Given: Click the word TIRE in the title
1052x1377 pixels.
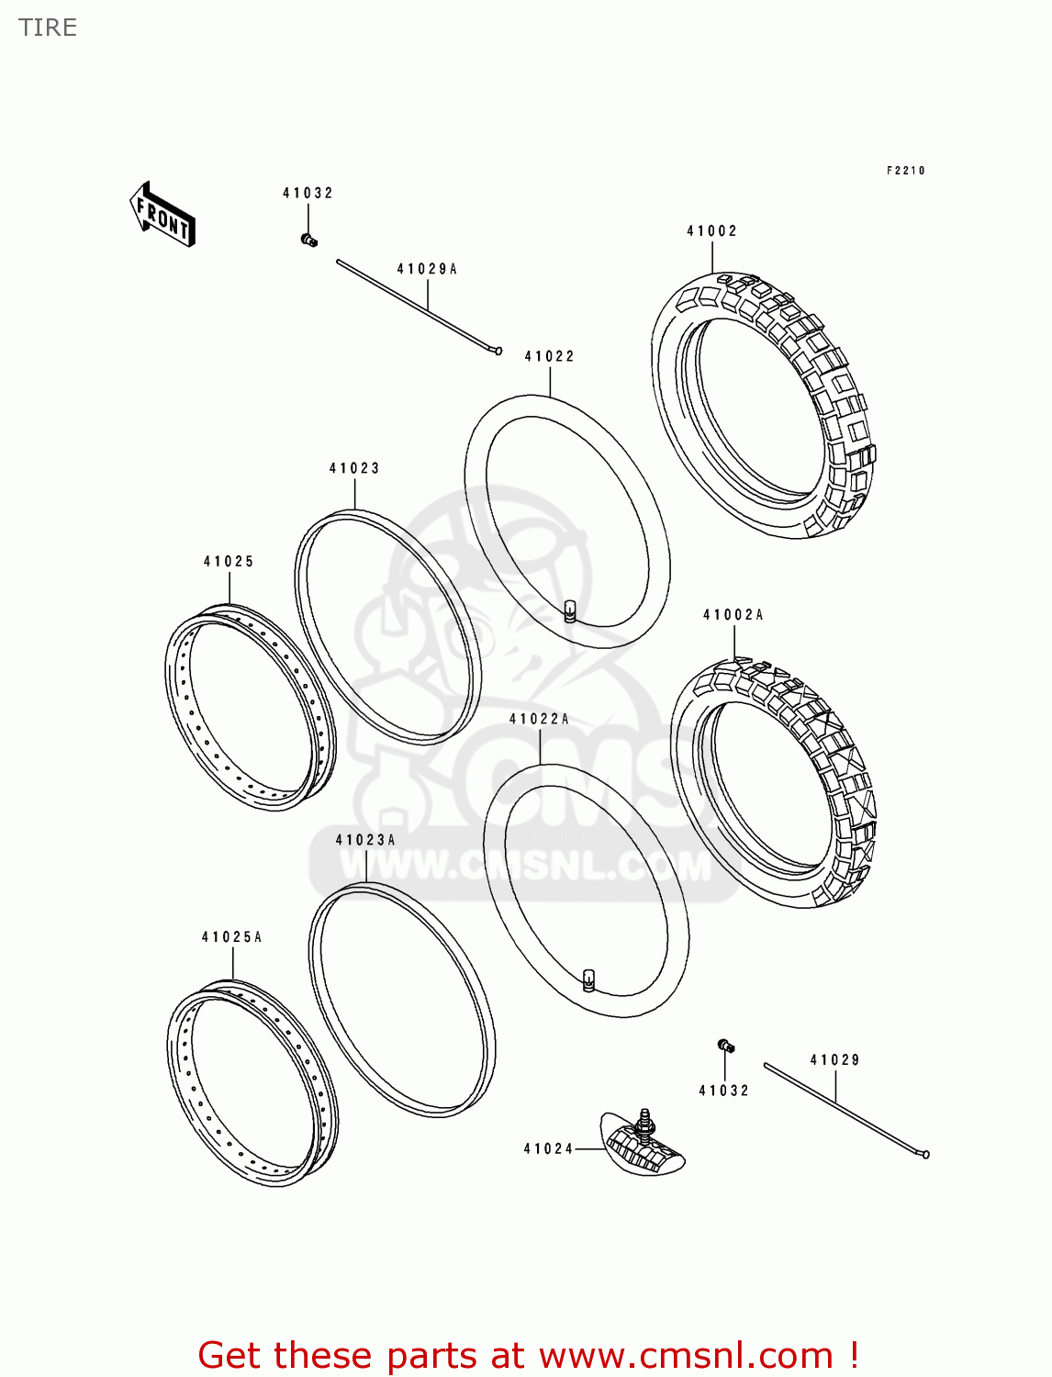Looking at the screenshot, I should click(48, 28).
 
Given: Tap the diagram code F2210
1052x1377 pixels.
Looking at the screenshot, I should click(905, 171).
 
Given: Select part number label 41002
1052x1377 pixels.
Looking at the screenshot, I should click(711, 231).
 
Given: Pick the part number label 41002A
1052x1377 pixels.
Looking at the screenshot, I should click(733, 615).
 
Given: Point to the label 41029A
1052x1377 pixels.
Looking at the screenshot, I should click(427, 269).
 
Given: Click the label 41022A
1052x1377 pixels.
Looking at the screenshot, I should click(539, 719).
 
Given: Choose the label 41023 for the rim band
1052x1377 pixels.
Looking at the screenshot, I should click(354, 468).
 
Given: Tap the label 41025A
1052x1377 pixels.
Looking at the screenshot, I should click(231, 937).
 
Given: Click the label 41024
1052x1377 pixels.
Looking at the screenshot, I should click(548, 1148).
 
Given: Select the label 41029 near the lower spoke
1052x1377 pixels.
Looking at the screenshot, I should click(834, 1060).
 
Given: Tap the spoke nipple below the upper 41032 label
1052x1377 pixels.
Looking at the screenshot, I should click(308, 241).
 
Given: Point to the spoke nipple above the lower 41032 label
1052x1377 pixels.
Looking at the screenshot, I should click(725, 1046).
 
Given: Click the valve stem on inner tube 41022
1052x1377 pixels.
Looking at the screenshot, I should click(569, 611).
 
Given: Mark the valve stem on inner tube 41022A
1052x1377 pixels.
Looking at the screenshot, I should click(588, 980).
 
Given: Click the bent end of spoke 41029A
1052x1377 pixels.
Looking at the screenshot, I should click(498, 351).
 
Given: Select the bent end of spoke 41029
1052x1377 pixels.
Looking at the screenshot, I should click(925, 1154).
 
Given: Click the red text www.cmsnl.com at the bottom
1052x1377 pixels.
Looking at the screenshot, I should click(686, 1356).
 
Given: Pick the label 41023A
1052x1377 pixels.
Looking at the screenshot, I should click(365, 840).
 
